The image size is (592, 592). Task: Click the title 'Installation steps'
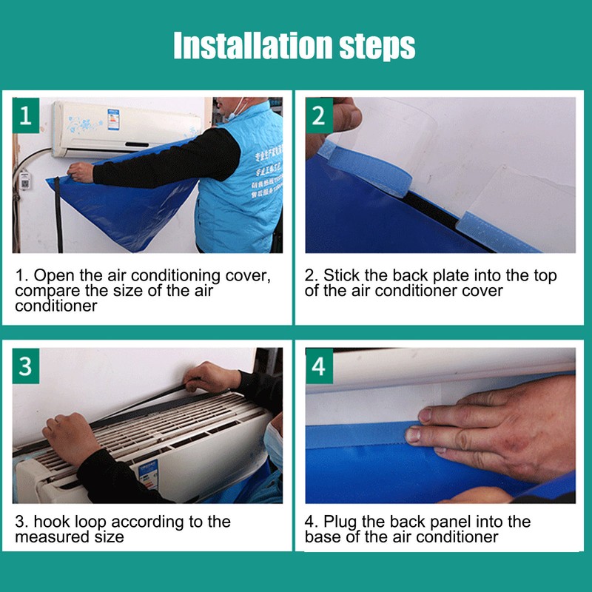[295, 46]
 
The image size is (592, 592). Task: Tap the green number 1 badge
[26, 115]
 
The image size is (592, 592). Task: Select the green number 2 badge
[319, 115]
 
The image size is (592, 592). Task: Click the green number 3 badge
[26, 366]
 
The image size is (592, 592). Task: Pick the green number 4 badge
[319, 366]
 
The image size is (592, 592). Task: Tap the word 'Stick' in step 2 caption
[341, 275]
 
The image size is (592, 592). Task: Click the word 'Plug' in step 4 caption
[340, 522]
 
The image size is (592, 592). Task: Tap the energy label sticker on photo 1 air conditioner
[113, 118]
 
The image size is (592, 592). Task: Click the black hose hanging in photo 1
[57, 215]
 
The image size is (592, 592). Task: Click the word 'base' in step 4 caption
[323, 536]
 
